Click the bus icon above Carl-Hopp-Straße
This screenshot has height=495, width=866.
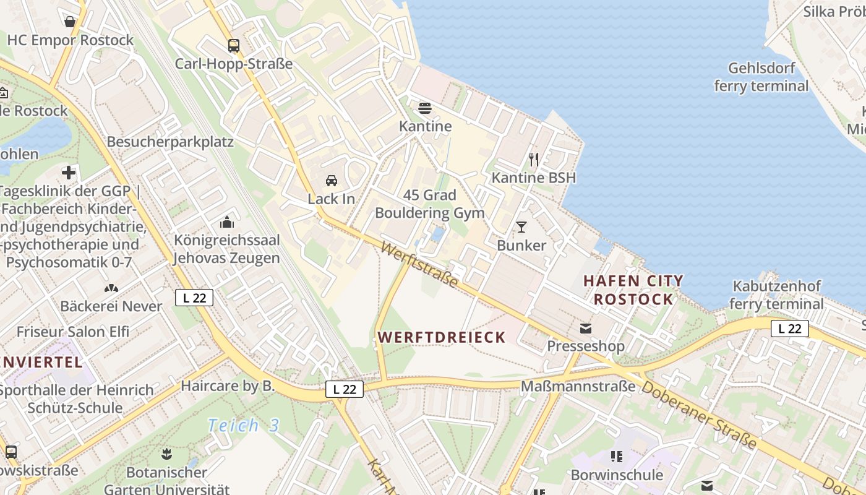(x=233, y=45)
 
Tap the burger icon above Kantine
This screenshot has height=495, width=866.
(x=424, y=108)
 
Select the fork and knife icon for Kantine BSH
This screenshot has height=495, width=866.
(x=534, y=160)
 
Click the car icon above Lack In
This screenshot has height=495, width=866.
(x=332, y=181)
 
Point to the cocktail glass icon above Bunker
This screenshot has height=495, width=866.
(x=521, y=227)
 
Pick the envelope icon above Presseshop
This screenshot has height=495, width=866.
(x=585, y=328)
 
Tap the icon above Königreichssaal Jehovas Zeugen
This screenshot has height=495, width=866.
(x=227, y=222)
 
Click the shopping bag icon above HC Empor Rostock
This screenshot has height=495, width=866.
(x=70, y=22)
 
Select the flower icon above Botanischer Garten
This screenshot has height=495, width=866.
(x=166, y=455)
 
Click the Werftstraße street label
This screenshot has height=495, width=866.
(x=419, y=265)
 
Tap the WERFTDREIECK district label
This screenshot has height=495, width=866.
(x=442, y=337)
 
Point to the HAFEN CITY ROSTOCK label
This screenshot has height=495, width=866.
(x=633, y=290)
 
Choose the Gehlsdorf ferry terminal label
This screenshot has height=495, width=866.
(x=761, y=77)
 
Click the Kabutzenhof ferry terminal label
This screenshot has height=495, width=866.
(x=776, y=295)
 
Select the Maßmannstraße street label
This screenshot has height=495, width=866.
(x=578, y=386)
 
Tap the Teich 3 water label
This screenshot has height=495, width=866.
(x=243, y=425)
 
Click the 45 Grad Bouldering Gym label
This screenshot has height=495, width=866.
(x=429, y=204)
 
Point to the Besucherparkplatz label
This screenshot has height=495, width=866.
(x=170, y=142)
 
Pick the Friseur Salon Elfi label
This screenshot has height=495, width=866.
(x=73, y=332)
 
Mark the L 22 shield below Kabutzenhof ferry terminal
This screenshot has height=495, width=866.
(x=790, y=329)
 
